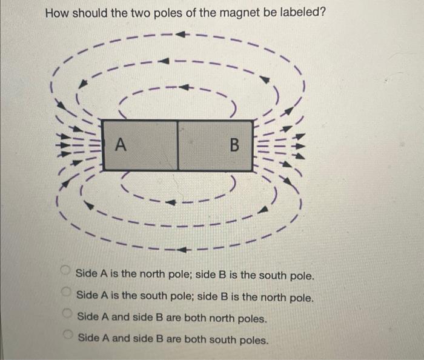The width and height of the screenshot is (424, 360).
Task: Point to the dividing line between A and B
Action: (178, 145)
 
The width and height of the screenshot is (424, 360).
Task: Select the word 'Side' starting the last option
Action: (89, 338)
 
